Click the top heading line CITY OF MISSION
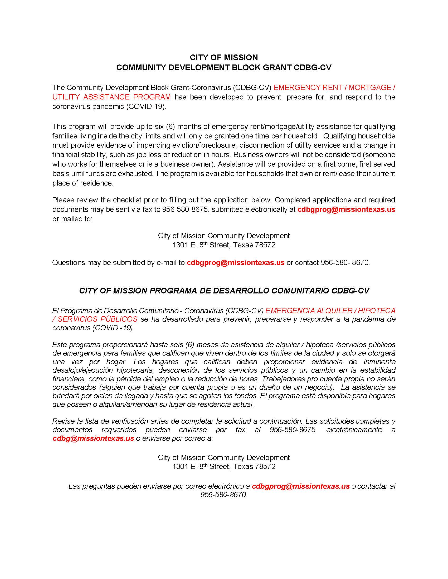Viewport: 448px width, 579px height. tap(224, 58)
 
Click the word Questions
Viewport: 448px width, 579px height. tap(68, 262)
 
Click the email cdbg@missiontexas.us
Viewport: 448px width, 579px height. tap(93, 438)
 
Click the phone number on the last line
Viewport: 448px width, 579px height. tap(223, 495)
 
